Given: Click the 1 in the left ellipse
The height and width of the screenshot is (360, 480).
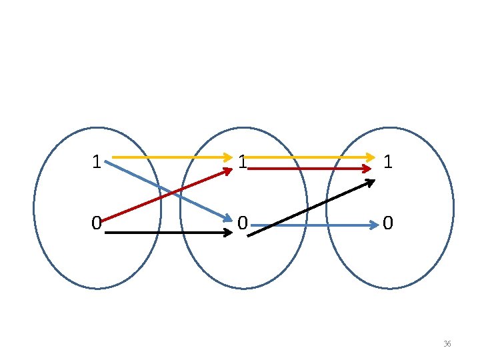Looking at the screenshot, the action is (97, 162).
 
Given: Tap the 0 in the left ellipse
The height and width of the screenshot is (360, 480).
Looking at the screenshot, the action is (97, 223).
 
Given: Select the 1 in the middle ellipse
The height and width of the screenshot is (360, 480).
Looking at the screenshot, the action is (243, 162).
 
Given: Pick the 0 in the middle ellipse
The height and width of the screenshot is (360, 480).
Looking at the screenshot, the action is (243, 223).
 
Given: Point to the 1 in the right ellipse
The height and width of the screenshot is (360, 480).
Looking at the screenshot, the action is (389, 162).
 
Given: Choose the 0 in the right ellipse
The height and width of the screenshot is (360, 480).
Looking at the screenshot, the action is (389, 223).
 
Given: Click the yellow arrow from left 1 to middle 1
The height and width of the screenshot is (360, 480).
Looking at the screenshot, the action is (170, 157).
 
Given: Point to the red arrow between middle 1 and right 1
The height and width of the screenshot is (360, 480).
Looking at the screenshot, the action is (310, 169).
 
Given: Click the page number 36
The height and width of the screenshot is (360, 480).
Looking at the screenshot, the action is (447, 344).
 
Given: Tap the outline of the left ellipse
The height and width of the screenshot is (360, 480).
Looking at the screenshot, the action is (34, 208).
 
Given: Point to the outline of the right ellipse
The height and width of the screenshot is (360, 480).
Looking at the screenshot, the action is (453, 208).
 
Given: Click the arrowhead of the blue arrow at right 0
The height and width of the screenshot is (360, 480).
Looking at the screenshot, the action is (374, 226).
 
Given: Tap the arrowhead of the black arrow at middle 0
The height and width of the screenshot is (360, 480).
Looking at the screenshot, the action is (227, 233).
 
